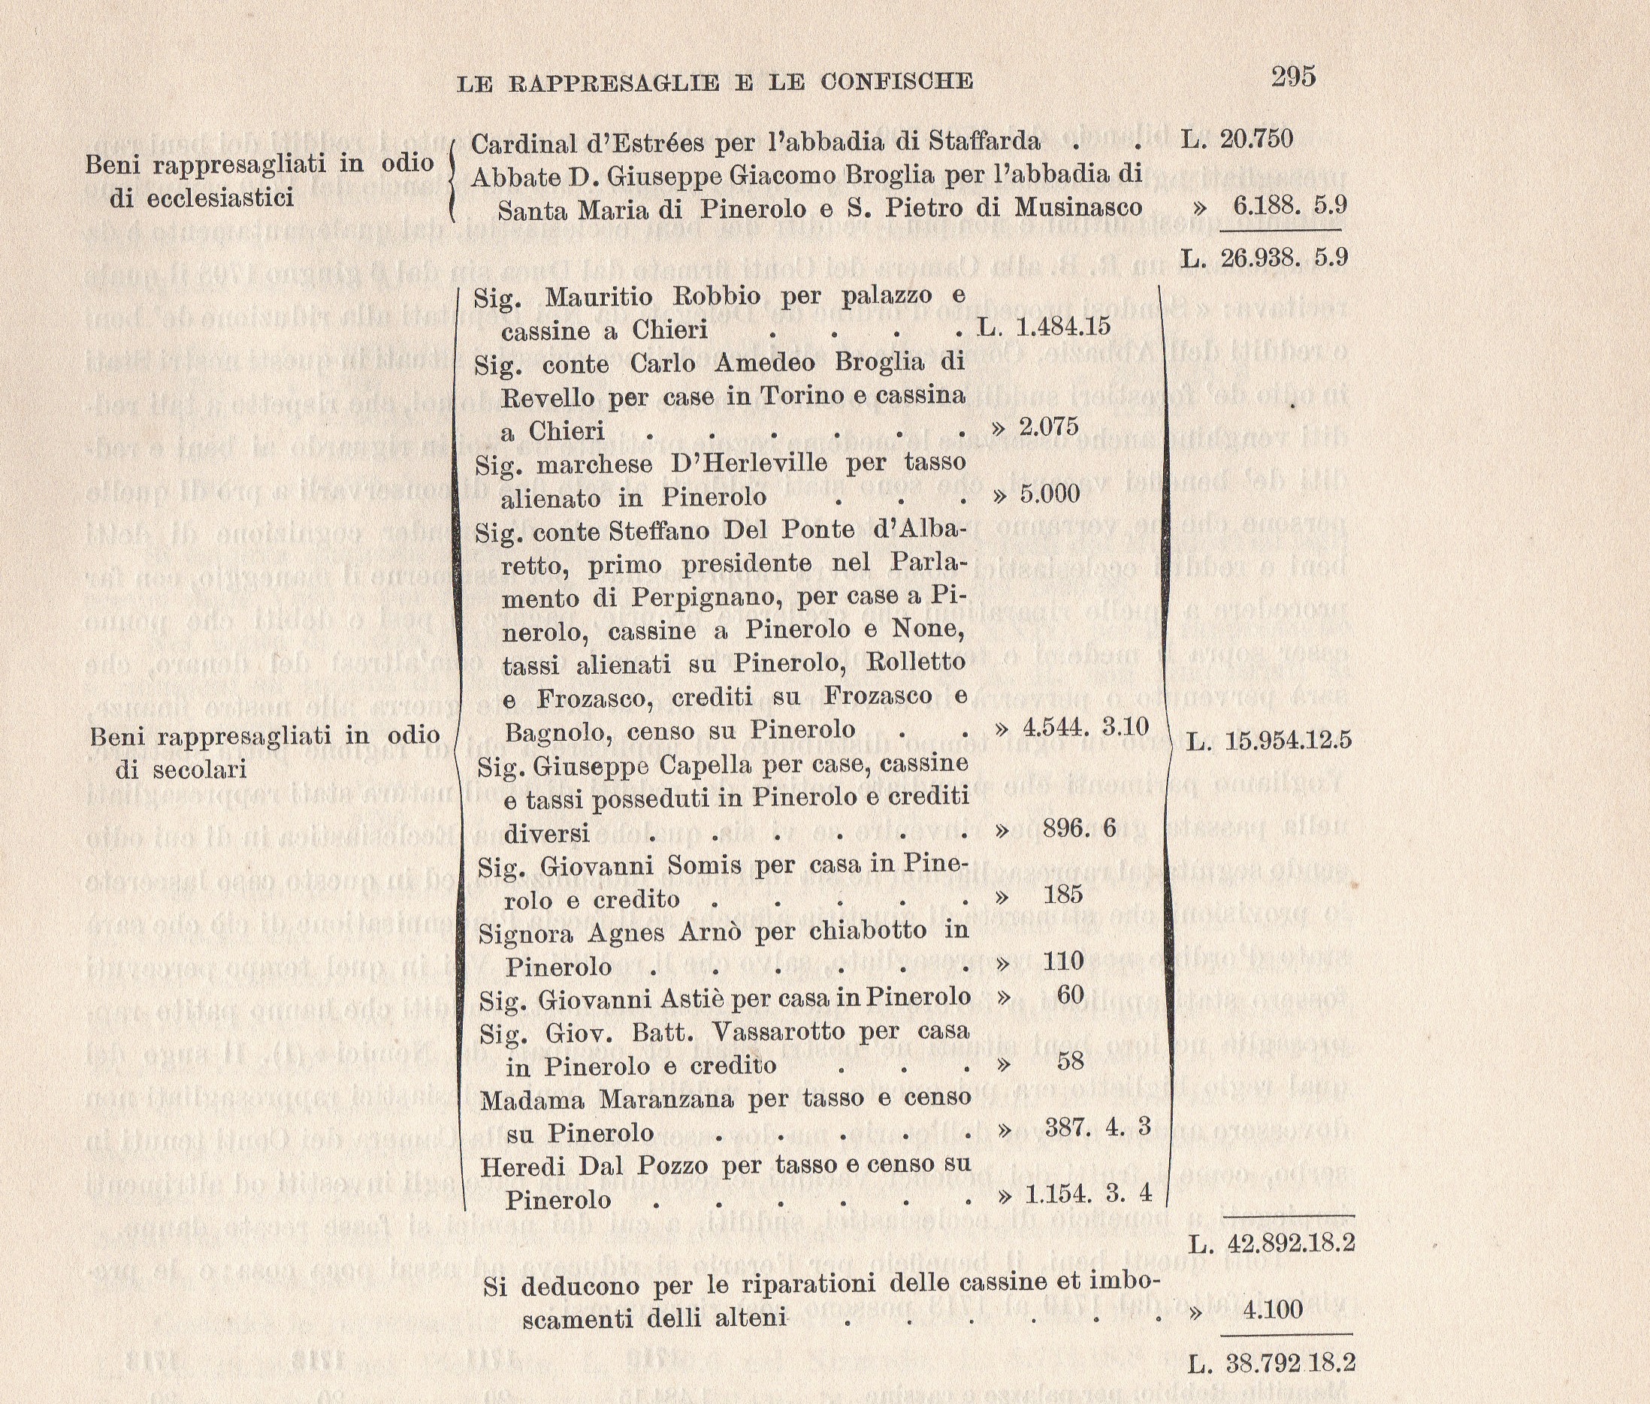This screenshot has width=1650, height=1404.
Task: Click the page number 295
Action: point(1292,77)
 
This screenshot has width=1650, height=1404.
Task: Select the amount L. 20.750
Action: point(1237,139)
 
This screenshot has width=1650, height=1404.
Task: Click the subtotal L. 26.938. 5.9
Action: point(1264,258)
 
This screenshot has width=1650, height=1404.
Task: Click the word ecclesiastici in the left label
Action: point(202,198)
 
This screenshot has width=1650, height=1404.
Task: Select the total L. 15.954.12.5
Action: point(1270,741)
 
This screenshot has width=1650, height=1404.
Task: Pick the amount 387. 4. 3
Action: point(1098,1127)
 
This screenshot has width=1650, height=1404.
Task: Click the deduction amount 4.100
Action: point(1272,1309)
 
